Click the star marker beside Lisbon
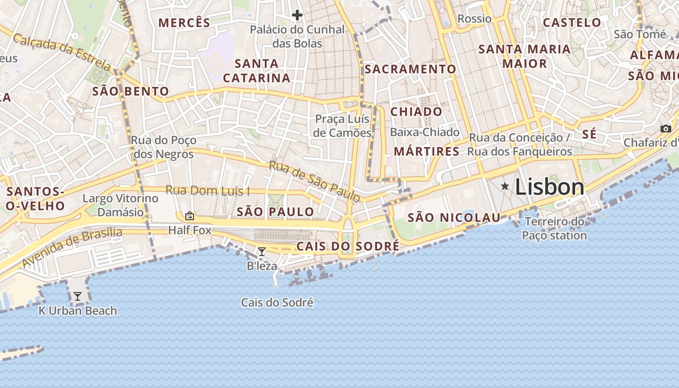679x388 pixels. pos(505,186)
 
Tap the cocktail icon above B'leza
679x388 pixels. pos(262,251)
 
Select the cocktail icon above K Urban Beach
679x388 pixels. pos(78,296)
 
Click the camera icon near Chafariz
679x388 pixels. pos(666,129)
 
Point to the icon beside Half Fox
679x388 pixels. pos(189,216)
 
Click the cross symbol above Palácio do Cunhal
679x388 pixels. pos(297,16)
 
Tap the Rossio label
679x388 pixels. pos(474,19)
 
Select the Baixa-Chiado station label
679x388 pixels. pos(424,132)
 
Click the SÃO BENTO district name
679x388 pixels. pos(130,91)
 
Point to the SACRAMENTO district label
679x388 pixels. pos(410,69)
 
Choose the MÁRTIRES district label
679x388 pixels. pos(426,151)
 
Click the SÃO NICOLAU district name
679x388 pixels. pos(453,218)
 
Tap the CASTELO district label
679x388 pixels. pos(572,22)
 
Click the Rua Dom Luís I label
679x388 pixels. pos(208,190)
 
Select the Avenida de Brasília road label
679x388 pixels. pos(73,248)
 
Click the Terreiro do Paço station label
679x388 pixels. pos(554,229)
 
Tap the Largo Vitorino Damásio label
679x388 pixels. pos(120,205)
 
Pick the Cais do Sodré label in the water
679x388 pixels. pos(277,303)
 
